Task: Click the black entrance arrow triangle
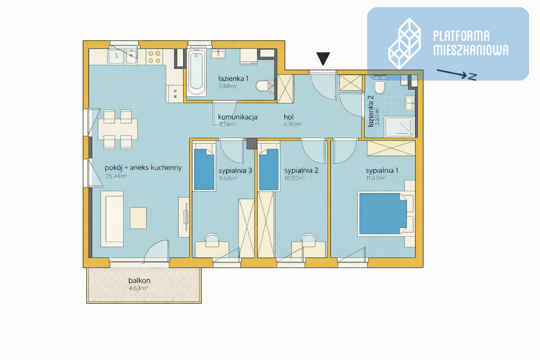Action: [323, 58]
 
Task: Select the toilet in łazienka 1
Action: [265, 85]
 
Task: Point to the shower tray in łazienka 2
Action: [399, 127]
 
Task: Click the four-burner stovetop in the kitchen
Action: [154, 57]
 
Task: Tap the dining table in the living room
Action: [118, 129]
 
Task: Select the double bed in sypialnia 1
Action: [383, 213]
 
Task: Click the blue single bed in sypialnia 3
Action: [204, 170]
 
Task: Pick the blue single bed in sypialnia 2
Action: [269, 170]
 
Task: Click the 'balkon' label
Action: [139, 280]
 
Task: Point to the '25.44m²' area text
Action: [116, 176]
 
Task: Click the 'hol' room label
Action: [288, 117]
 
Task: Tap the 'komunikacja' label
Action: [238, 117]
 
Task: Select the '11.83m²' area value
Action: [375, 178]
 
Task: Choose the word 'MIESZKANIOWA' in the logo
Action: [471, 50]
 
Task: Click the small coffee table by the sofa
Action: [139, 218]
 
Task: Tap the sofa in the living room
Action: [112, 219]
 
